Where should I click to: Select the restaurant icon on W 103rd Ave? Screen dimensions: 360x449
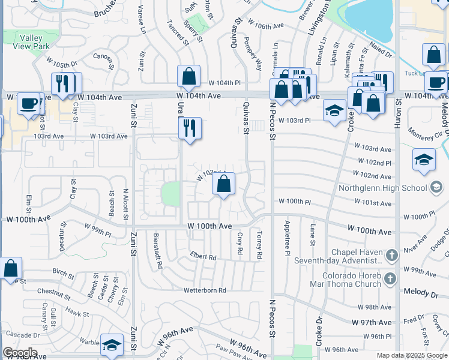coord(190,128)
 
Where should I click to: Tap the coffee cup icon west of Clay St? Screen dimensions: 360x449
coord(28,104)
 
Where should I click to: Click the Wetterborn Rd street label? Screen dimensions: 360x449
coord(205,290)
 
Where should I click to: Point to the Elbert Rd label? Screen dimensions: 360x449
coord(203,257)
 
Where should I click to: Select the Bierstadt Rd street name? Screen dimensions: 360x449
coord(156,248)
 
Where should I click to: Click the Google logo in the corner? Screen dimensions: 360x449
coord(19,353)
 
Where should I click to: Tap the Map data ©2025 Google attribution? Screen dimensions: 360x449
coord(412,355)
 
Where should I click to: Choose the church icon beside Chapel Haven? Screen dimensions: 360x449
coord(391,256)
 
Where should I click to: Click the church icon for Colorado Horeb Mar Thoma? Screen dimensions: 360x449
coord(391,278)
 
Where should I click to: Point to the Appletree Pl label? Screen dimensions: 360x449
coord(288,247)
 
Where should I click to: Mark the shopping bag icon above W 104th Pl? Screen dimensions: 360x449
coord(188,77)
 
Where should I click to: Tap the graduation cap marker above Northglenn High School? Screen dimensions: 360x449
coord(424,160)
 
